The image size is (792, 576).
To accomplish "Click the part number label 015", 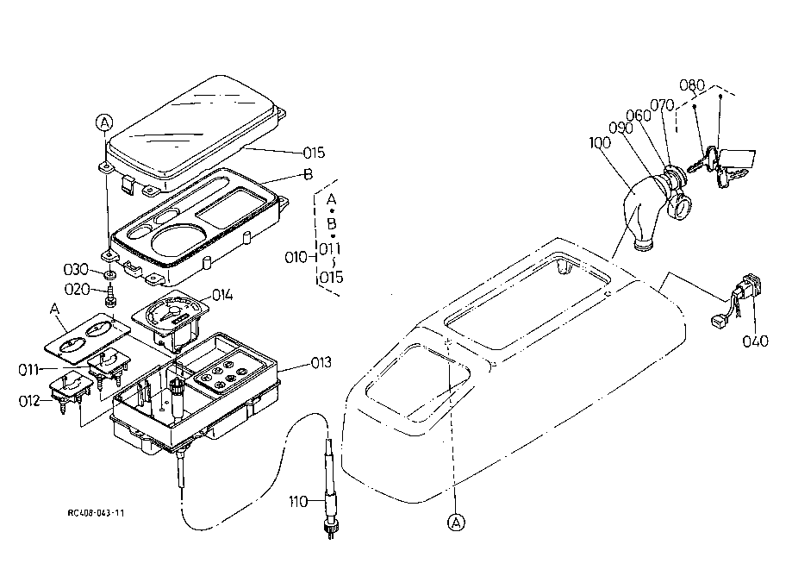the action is point(314,153).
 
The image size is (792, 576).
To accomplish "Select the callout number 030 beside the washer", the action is point(76,269).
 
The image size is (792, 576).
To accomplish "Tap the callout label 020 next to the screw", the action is point(77,290).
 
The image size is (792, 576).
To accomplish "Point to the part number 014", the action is point(222,295).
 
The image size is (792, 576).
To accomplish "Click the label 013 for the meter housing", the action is point(321,362).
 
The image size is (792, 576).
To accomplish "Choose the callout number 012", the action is point(29,401).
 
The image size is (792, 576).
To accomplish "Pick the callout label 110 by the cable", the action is point(298,502).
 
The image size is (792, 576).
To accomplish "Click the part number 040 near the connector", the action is point(755,341).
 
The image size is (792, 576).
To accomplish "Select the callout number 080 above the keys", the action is point(691,85).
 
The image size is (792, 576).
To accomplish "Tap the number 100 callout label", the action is point(600,142).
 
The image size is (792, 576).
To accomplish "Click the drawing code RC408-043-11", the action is point(96,513).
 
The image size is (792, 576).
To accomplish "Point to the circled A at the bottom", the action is point(456,523).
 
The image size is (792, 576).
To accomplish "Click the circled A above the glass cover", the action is point(104,122).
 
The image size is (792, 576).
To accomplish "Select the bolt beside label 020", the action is point(110,295).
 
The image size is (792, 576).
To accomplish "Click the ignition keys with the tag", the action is point(722,164).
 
